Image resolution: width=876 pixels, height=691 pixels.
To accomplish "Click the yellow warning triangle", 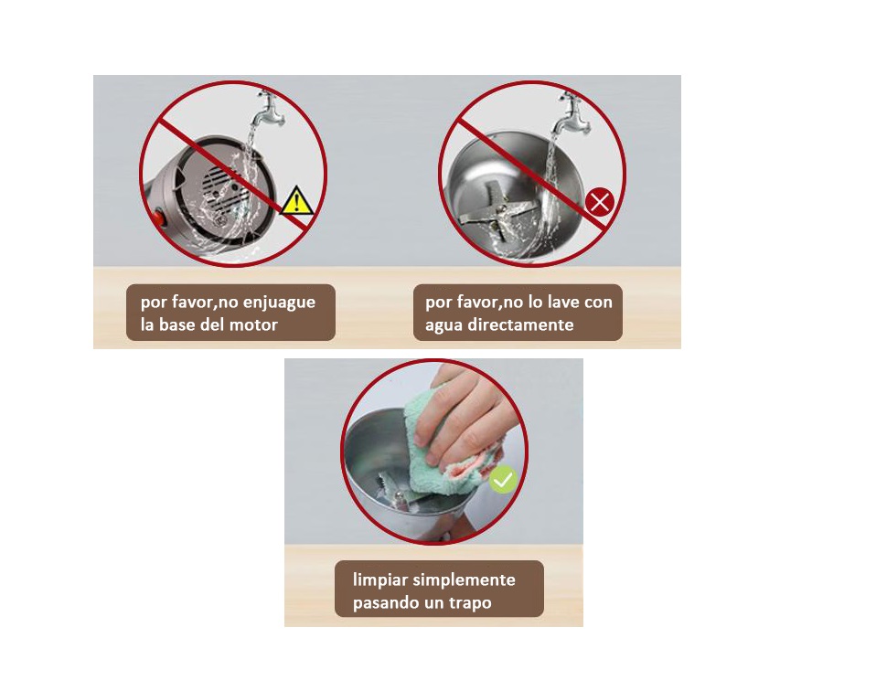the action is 296,201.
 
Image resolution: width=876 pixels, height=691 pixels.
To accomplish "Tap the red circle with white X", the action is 600,202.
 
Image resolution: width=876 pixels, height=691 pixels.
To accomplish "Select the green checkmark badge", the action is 503,479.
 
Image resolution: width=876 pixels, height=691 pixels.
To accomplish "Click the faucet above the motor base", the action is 266,109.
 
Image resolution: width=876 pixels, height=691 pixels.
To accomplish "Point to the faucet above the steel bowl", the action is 571,113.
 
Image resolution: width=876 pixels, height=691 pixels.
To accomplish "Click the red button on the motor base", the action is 159,218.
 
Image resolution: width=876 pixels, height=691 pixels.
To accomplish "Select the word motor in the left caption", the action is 253,324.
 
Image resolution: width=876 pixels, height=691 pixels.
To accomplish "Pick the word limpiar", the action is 379,580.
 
